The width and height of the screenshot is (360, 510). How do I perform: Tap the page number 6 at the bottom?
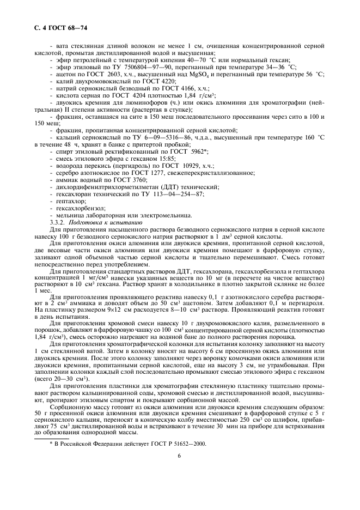(x=179, y=456)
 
